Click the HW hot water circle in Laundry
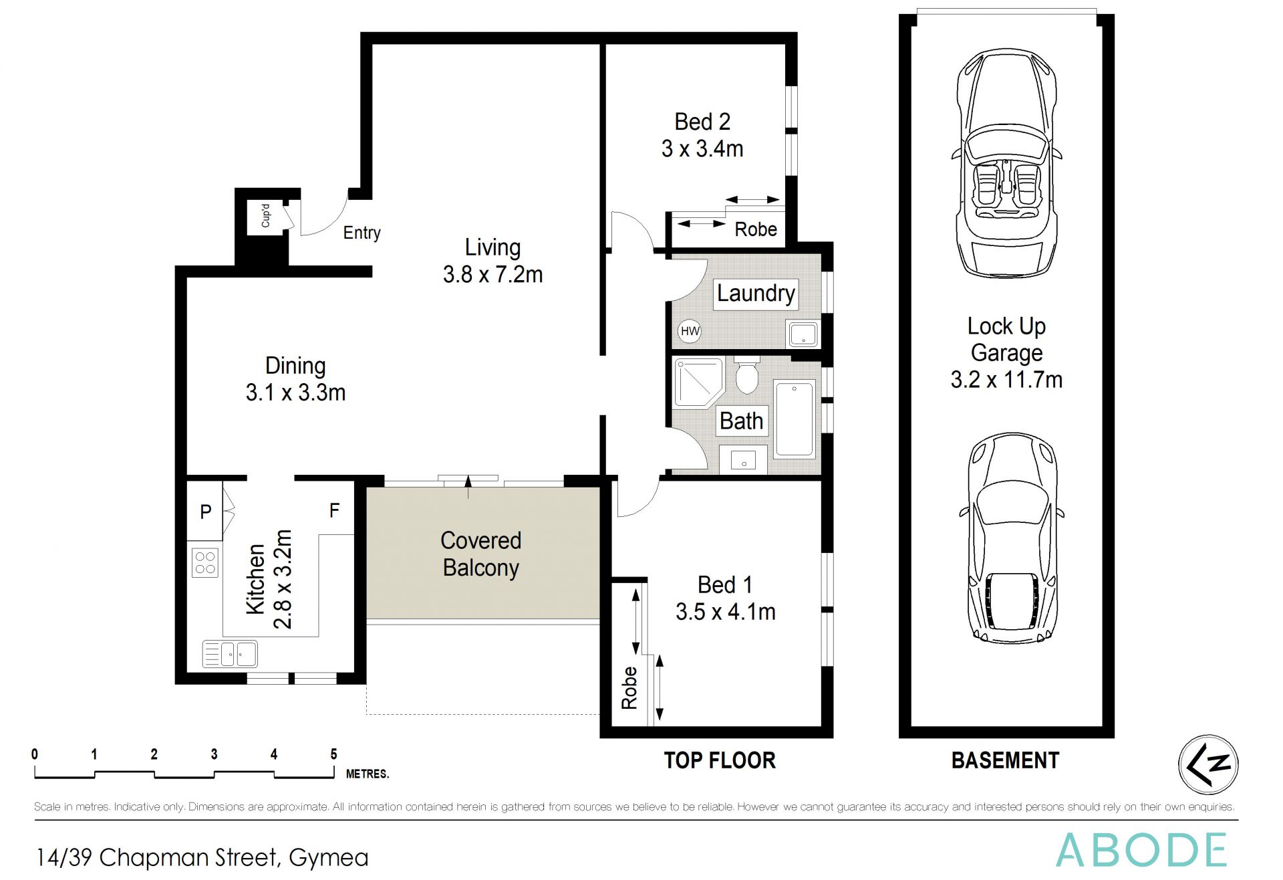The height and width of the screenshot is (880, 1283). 690,331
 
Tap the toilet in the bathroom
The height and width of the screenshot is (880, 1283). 746,374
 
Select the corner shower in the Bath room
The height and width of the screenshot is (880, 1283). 699,382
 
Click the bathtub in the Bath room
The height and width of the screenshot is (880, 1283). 794,419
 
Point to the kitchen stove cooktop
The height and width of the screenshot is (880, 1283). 204,562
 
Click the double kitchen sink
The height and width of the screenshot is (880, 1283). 230,654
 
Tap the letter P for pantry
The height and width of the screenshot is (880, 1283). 206,512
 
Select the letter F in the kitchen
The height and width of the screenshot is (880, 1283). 334,511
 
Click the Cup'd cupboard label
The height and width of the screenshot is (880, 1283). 265,216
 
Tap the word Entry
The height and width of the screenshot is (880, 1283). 362,233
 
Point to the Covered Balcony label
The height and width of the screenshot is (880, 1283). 481,554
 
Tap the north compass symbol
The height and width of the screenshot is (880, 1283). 1207,764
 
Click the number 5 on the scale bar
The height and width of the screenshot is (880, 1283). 333,754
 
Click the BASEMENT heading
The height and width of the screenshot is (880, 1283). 1005,761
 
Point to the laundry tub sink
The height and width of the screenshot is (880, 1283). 803,334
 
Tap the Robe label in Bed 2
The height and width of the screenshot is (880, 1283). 756,229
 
